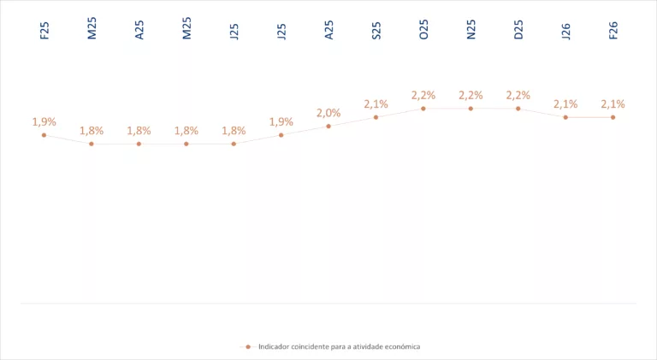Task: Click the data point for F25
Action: [44, 135]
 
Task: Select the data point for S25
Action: [376, 117]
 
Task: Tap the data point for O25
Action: [423, 109]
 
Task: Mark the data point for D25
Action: [518, 109]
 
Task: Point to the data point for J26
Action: [565, 117]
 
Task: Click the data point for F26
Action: [613, 117]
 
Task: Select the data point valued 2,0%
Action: [328, 127]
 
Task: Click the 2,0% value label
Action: [328, 113]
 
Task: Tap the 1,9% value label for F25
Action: [44, 121]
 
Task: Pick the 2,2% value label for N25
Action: [471, 95]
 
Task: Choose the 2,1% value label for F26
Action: [613, 104]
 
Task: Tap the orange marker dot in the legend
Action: [247, 346]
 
